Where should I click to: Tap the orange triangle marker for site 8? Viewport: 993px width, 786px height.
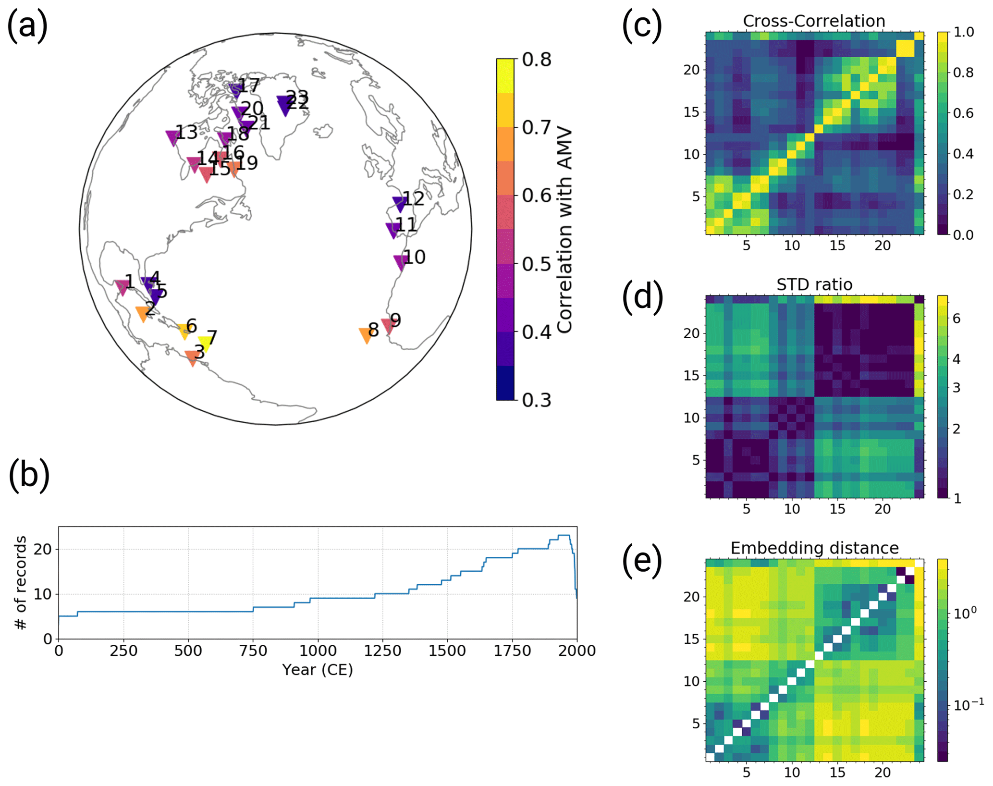(366, 335)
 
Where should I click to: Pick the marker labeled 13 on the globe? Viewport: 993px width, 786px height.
(172, 137)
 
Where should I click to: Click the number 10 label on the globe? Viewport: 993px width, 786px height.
(415, 258)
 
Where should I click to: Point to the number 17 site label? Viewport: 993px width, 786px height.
(249, 86)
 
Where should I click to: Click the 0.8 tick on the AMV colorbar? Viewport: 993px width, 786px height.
(537, 60)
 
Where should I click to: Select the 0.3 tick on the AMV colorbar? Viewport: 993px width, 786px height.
(537, 400)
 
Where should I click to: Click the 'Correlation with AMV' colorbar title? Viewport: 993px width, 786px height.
(565, 230)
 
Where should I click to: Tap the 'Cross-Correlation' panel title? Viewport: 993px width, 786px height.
(814, 21)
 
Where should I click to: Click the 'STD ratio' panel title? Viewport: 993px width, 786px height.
(814, 284)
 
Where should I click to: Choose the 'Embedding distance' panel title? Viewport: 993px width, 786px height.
(814, 548)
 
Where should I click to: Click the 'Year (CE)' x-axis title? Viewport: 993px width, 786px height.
(318, 669)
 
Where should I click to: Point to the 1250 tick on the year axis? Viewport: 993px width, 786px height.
(382, 651)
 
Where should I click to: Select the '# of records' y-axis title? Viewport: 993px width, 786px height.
(21, 583)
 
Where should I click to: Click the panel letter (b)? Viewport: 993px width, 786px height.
(29, 474)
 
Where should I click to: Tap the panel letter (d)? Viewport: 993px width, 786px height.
(642, 297)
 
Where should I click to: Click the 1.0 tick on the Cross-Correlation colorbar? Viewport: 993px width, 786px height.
(964, 32)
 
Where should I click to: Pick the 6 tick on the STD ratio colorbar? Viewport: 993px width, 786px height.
(956, 318)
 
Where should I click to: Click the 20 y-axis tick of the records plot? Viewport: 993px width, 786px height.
(42, 549)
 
